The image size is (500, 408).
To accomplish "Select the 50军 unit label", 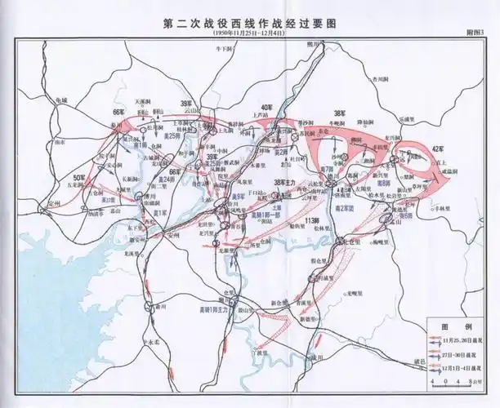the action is [79, 177].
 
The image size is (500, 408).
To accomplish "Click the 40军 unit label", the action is [266, 108].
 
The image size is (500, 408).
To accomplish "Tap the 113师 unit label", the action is [309, 222].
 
